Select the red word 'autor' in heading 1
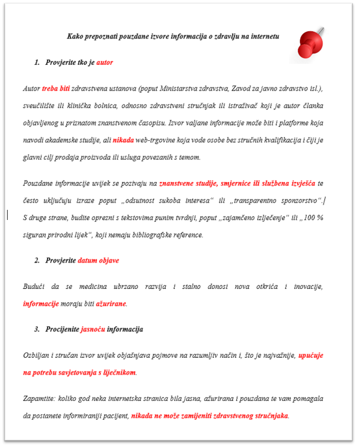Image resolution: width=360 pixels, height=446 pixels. coord(104,63)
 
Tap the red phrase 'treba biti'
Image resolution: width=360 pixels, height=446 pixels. coord(56,89)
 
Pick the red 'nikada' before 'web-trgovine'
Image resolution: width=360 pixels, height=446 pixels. coord(124,140)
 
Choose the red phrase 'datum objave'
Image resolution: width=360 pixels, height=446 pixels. coord(98,261)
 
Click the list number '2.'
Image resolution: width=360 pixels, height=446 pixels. coord(37,261)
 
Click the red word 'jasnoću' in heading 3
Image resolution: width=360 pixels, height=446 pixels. coord(93,329)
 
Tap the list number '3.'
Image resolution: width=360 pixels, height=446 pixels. coord(37,329)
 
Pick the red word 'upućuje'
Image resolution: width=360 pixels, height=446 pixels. coord(311,355)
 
